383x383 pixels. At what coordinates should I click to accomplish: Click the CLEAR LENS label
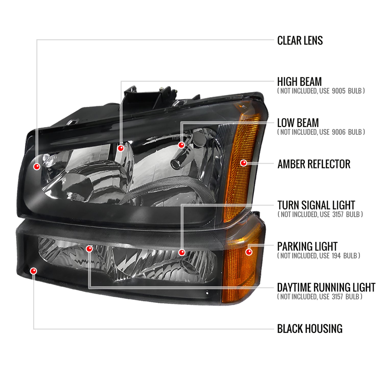point(300,41)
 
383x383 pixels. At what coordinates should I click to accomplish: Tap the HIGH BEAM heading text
point(299,82)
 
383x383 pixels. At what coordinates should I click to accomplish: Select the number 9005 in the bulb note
point(339,91)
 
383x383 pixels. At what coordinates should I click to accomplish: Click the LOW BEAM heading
point(298,123)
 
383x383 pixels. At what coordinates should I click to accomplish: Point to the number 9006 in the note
point(339,132)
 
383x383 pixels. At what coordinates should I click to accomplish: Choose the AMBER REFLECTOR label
point(314,164)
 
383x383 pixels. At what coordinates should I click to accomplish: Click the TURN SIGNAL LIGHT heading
point(316,205)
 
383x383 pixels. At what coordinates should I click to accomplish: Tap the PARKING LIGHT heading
point(307,247)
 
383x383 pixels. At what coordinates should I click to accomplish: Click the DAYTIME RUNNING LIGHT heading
point(326,288)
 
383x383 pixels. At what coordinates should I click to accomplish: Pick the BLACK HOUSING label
point(309,329)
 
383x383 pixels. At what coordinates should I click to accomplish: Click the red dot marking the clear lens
point(37,167)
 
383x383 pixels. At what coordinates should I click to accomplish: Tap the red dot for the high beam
point(121,148)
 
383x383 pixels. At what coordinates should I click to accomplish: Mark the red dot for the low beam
point(181,145)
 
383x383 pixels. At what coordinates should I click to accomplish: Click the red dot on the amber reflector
point(244,163)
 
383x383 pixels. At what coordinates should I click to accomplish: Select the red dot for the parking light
point(249,252)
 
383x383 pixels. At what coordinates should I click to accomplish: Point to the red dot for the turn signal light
point(182,253)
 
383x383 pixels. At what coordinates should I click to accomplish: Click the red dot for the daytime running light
point(89,249)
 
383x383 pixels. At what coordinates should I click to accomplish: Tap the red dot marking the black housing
point(33,271)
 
